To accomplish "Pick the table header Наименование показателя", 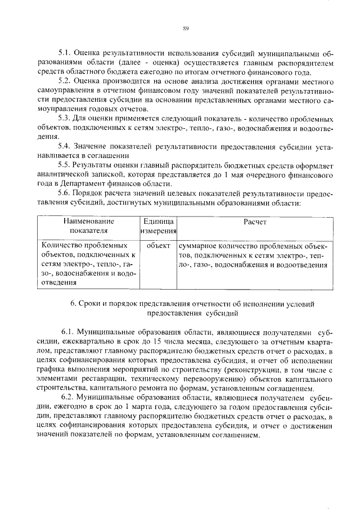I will coord(88,227).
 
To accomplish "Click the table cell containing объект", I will coord(157,246).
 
